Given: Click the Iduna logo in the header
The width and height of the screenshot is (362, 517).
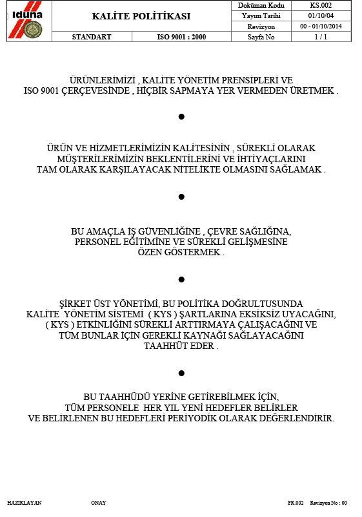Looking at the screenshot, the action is click(x=26, y=21).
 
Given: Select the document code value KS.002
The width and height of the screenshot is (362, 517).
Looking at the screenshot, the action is click(x=321, y=5).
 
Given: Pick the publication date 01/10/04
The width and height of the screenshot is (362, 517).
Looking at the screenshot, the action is click(x=321, y=16).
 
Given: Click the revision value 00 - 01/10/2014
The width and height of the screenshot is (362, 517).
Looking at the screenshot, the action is click(x=321, y=26).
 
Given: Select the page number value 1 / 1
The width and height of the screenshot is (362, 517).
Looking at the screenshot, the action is click(x=321, y=37).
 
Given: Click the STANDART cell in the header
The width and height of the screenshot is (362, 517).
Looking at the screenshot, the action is click(x=92, y=37).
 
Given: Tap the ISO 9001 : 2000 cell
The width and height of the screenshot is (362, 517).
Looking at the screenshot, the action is click(x=181, y=37).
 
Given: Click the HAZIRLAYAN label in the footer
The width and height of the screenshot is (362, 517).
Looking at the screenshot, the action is click(x=25, y=503).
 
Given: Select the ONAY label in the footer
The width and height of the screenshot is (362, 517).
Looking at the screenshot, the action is click(x=99, y=503).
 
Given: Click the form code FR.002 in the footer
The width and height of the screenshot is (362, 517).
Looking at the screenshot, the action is click(x=296, y=503).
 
